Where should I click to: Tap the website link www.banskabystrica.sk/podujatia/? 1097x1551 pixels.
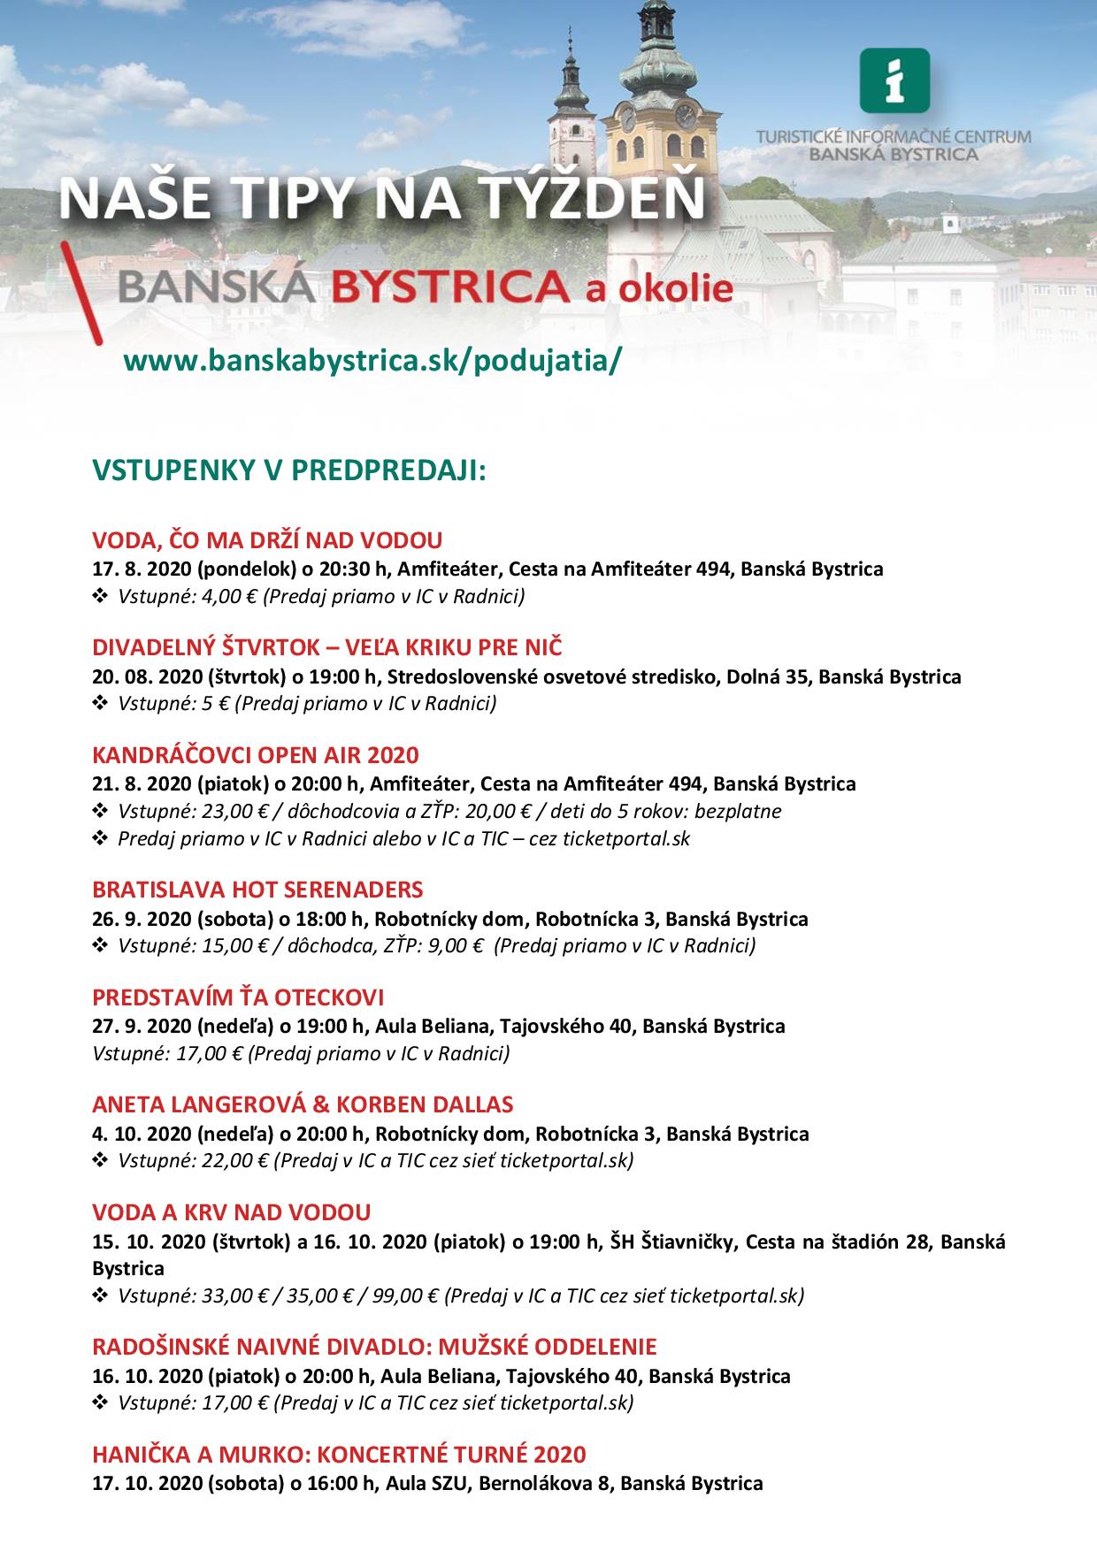pyautogui.click(x=372, y=362)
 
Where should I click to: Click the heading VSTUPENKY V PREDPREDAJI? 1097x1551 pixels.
pyautogui.click(x=289, y=470)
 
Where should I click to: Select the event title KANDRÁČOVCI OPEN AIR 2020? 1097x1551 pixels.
pyautogui.click(x=256, y=755)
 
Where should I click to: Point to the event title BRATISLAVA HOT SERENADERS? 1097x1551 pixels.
pyautogui.click(x=257, y=889)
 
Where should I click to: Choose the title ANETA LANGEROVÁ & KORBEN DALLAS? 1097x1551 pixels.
pyautogui.click(x=303, y=1104)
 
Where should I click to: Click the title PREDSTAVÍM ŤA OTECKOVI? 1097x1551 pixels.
pyautogui.click(x=238, y=997)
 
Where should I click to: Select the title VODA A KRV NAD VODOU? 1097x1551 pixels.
pyautogui.click(x=232, y=1212)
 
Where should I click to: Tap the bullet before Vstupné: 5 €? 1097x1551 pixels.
pyautogui.click(x=99, y=704)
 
